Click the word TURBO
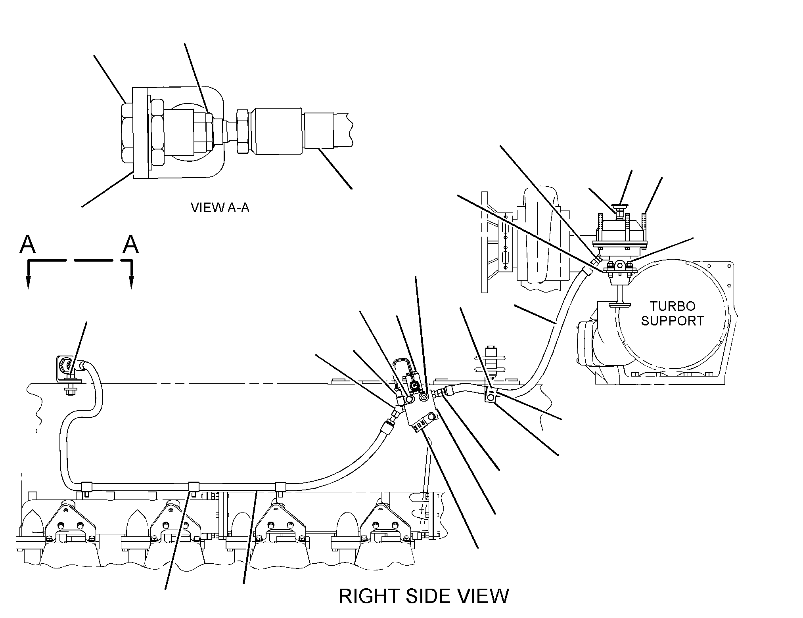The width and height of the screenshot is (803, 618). [673, 306]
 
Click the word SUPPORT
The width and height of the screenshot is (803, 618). [673, 321]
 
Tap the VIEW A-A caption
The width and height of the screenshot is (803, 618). [220, 207]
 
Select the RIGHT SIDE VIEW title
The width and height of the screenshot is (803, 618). [424, 596]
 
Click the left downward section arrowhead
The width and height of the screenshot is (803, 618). [28, 282]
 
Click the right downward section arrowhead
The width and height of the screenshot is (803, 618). [131, 282]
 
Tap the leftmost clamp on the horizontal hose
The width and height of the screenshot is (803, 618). [86, 486]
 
